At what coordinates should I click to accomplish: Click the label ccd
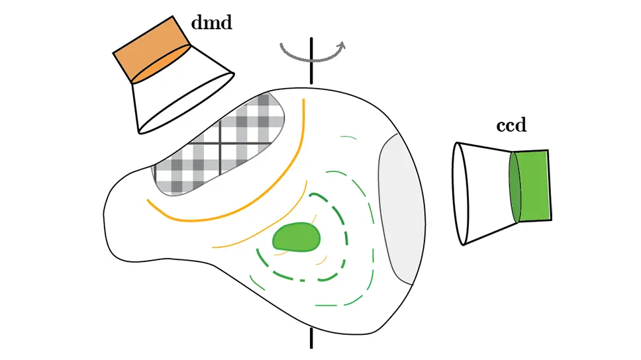coord(511,126)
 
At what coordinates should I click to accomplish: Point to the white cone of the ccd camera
coord(483,192)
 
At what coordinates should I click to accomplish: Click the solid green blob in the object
coord(297,236)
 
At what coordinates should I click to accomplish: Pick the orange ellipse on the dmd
coord(162,64)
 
